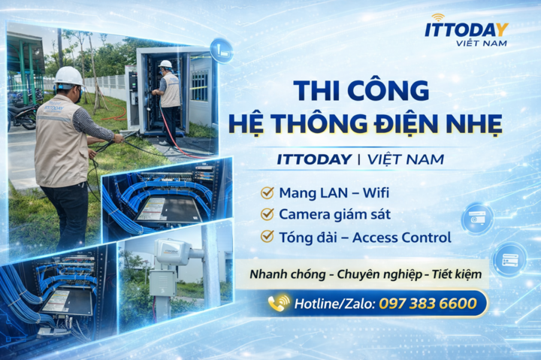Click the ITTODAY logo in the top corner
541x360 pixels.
point(466,29)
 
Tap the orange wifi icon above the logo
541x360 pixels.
point(438,17)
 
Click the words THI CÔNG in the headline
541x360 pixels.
point(361,91)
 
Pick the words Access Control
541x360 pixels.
point(406,237)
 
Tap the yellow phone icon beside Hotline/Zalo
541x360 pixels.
point(279,304)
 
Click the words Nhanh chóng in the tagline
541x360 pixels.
point(288,274)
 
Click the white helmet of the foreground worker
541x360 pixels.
point(68,76)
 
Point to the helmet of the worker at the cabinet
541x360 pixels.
point(166,65)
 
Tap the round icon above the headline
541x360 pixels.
point(221,50)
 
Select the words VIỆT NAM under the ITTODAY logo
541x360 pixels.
point(482,44)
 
